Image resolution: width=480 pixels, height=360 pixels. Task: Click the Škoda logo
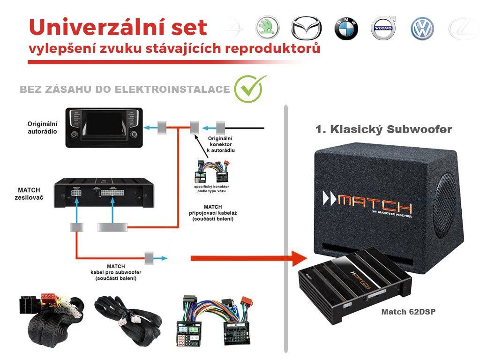coord(267,28)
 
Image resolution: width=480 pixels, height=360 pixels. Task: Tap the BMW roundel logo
coord(346,29)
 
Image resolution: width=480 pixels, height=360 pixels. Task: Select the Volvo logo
coord(383,29)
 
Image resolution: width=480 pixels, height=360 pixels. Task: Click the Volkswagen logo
coord(422,29)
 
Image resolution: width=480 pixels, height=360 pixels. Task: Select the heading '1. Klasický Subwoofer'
coord(384,129)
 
